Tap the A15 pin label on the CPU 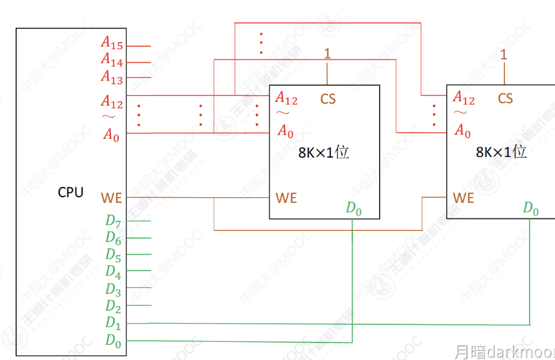(x=112, y=43)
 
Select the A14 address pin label (x=112, y=60)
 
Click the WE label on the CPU (x=112, y=197)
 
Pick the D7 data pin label (x=113, y=221)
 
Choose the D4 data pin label (x=113, y=271)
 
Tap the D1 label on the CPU (x=113, y=322)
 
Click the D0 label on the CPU (x=113, y=339)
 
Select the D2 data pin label (x=113, y=306)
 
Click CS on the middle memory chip (x=328, y=99)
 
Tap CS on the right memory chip (x=505, y=98)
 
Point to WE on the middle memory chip (x=286, y=197)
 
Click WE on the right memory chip (x=463, y=197)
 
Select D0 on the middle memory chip (x=353, y=208)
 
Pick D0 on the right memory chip (x=531, y=208)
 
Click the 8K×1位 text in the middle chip (x=323, y=153)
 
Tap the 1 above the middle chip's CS (x=327, y=54)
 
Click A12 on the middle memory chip (x=286, y=98)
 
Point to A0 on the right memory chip (x=462, y=132)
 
